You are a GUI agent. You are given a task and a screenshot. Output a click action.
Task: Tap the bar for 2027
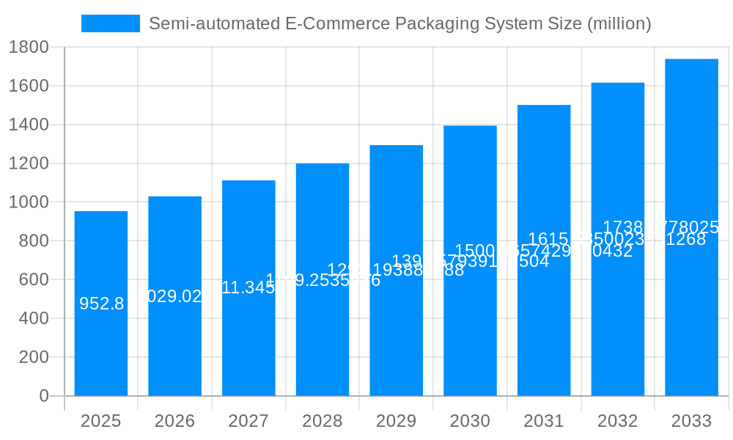coord(248,345)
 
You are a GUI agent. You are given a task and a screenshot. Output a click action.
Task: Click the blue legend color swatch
coord(110,23)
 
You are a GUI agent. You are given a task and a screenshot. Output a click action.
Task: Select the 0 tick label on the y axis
coord(43,396)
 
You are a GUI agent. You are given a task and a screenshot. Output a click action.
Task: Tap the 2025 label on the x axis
coord(100,421)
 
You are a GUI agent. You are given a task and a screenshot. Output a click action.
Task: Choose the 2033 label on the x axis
coord(691,421)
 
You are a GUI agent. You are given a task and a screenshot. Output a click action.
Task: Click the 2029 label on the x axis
coord(396,421)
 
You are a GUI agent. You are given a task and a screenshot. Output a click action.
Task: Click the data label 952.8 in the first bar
coord(101,304)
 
